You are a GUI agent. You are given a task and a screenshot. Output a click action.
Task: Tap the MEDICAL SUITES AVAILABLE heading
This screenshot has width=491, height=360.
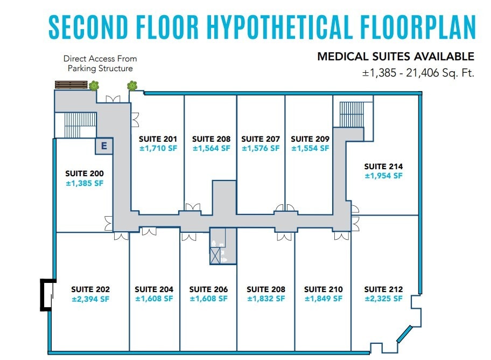coord(396,57)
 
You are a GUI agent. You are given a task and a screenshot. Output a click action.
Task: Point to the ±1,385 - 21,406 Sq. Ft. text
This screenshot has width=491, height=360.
coord(418,73)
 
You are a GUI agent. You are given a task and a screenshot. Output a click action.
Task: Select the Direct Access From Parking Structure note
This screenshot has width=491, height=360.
coord(100,64)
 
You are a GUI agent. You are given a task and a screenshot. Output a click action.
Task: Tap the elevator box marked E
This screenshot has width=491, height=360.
coord(104,145)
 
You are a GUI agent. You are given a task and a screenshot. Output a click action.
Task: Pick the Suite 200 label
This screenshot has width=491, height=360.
coord(85,174)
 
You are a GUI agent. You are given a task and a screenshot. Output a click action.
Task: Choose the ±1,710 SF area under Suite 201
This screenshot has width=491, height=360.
coord(158,148)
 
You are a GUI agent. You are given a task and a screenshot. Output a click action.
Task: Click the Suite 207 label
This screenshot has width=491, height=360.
coord(260,139)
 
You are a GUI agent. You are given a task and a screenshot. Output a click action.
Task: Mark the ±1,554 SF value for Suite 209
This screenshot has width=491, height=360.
coord(310,148)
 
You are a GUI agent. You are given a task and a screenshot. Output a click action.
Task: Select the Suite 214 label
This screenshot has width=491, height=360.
coord(383,167)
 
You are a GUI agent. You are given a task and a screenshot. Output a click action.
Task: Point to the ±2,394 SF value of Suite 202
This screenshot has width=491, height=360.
coord(90,299)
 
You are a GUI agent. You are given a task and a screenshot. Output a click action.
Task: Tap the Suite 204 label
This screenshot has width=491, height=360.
coord(154,289)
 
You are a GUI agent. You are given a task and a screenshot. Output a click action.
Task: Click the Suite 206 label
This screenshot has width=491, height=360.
coord(208,289)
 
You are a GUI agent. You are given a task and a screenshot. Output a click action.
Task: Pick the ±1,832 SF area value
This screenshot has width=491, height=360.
coord(265,299)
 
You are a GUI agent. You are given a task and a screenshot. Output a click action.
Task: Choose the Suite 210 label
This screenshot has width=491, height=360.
coord(323,289)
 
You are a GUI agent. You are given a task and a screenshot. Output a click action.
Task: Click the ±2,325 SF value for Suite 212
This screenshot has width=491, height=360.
coord(383,299)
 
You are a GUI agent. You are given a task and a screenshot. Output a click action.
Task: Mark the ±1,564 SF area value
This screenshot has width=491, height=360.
coord(211,148)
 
